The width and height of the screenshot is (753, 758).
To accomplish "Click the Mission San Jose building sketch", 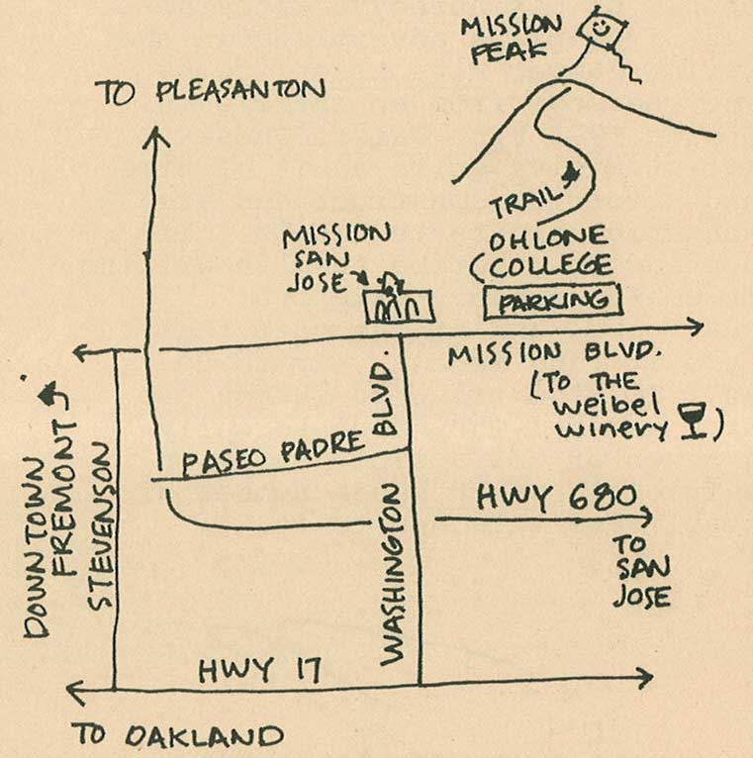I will pos(400,305).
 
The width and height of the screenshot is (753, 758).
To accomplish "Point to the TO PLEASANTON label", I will pos(210,92).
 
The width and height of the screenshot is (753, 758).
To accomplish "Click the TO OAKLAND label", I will pos(177,735).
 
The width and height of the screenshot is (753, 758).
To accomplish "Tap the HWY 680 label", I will pos(555,498).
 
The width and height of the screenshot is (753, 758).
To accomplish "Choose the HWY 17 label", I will pos(260,670).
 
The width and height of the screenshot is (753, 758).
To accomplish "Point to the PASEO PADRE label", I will pos(273,454).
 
